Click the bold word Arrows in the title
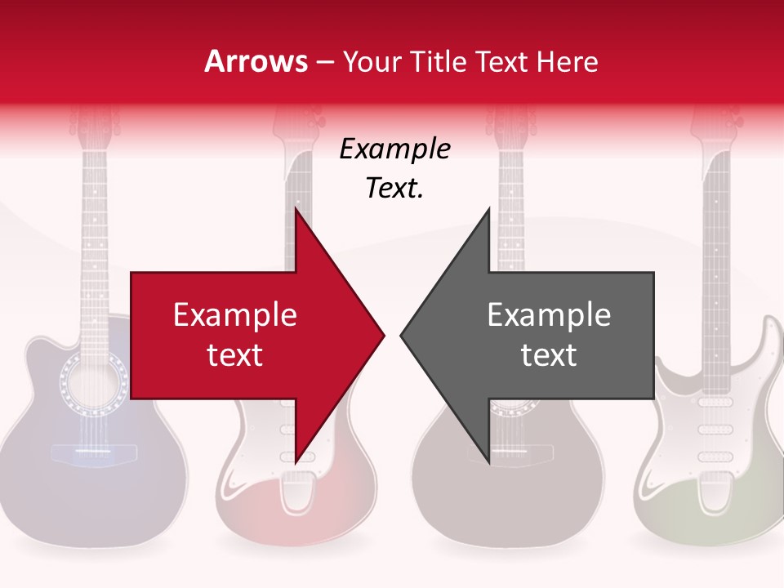[x=256, y=62]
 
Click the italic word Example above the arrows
[x=394, y=149]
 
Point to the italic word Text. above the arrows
[x=394, y=189]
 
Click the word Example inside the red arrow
[x=235, y=315]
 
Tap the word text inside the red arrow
[x=235, y=354]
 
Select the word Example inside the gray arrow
[x=549, y=315]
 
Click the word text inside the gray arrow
[x=549, y=354]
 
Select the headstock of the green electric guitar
[x=716, y=122]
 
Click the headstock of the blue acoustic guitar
[x=95, y=122]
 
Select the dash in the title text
[x=324, y=63]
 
